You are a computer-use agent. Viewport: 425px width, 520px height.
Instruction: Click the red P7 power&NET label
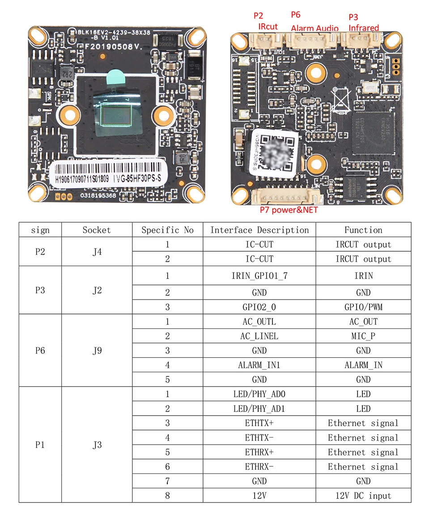pos(289,210)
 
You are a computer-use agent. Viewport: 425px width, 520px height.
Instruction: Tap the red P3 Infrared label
pos(363,22)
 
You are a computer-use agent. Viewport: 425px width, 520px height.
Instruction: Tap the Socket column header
pos(97,230)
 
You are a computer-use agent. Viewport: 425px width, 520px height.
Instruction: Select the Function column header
pos(363,230)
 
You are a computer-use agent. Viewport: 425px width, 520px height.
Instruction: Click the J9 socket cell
pos(97,350)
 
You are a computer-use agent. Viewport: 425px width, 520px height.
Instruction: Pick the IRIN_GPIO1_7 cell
pos(259,276)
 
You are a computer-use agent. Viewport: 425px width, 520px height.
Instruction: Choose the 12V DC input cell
pos(363,496)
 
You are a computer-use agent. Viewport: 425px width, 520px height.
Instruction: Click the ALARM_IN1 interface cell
pos(259,365)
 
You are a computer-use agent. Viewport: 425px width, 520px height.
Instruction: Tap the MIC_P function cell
pos(363,336)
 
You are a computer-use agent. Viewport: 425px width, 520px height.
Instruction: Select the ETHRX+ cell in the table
pos(259,452)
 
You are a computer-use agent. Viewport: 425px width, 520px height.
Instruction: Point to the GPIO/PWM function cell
pos(363,307)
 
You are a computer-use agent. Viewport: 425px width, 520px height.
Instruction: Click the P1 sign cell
pos(40,445)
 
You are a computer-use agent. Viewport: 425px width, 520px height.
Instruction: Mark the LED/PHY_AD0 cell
pos(259,394)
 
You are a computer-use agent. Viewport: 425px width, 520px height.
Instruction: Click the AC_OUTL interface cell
pos(259,322)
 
